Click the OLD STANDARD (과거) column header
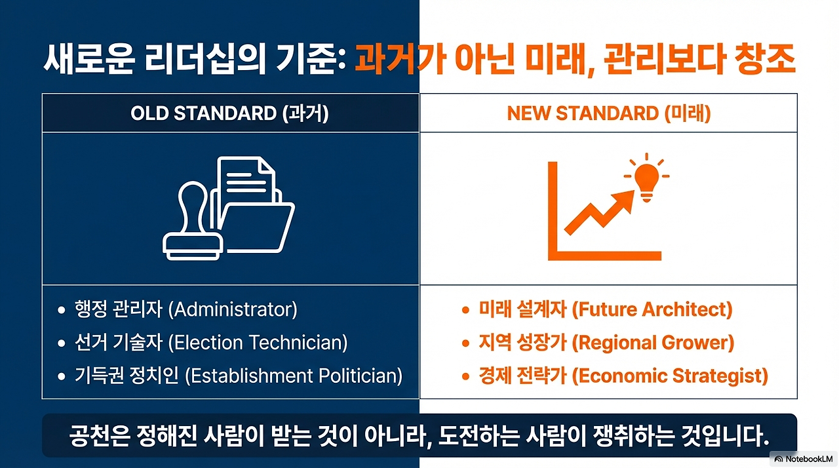point(229,113)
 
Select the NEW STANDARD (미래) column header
point(609,113)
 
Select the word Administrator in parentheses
point(233,309)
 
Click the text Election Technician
point(258,343)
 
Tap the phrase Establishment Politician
point(294,376)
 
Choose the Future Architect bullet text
point(606,309)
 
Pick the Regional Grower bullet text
point(606,343)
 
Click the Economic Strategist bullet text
point(623,376)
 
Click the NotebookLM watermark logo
point(804,459)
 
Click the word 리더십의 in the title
point(205,59)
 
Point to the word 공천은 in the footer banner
point(99,436)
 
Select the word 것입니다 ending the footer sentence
point(726,436)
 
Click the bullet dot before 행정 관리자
point(62,310)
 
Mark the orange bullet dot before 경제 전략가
point(465,376)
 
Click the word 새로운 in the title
point(88,59)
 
